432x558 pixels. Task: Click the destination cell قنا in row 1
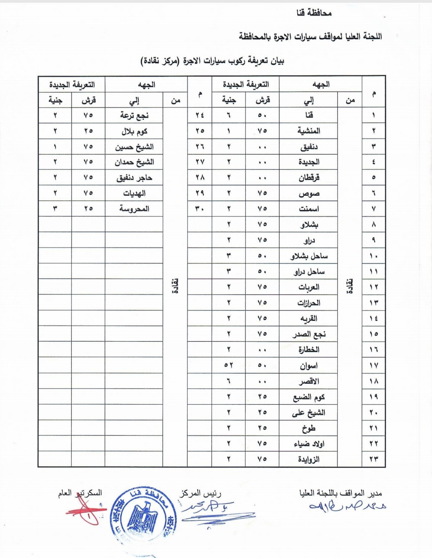click(x=309, y=115)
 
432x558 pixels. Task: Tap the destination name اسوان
click(x=309, y=365)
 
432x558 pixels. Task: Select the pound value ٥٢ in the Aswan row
click(x=228, y=365)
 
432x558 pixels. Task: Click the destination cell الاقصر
click(x=309, y=381)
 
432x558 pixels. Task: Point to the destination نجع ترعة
click(x=134, y=115)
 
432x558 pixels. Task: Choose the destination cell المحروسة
click(x=134, y=209)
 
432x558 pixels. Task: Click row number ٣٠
click(x=200, y=209)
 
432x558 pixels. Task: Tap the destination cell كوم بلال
click(x=134, y=131)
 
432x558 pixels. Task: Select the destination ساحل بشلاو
click(x=309, y=256)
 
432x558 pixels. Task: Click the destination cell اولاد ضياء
click(x=309, y=443)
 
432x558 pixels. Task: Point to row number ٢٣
click(x=374, y=459)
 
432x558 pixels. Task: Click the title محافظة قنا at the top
click(x=314, y=13)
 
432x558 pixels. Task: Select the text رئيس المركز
click(x=200, y=493)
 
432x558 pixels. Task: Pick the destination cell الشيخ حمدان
click(x=134, y=162)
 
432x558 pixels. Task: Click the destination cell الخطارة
click(x=309, y=350)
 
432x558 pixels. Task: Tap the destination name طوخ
click(x=309, y=428)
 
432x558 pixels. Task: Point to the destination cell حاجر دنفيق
click(x=134, y=178)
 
